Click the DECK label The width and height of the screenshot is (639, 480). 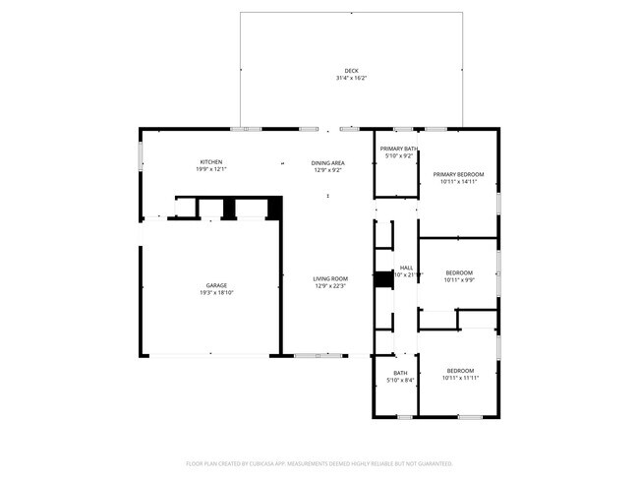352,71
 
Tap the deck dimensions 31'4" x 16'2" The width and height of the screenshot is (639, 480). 352,78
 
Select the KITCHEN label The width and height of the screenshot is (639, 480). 211,162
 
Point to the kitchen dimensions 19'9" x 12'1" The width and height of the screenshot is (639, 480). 211,169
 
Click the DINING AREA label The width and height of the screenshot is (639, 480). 327,162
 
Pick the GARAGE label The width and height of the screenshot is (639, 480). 216,285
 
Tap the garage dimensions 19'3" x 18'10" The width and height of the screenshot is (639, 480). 216,292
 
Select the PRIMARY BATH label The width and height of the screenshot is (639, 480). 399,149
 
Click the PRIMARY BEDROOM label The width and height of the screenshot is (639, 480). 459,174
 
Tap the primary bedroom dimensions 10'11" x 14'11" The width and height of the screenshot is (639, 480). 459,181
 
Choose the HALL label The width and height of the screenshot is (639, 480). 406,268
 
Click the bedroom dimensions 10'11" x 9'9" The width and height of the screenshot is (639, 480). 459,279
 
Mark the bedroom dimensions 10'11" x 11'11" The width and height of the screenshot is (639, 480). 459,379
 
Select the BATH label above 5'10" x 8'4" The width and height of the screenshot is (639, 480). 400,373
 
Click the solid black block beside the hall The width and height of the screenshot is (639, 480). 383,279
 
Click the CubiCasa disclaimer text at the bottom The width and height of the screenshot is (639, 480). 319,462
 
